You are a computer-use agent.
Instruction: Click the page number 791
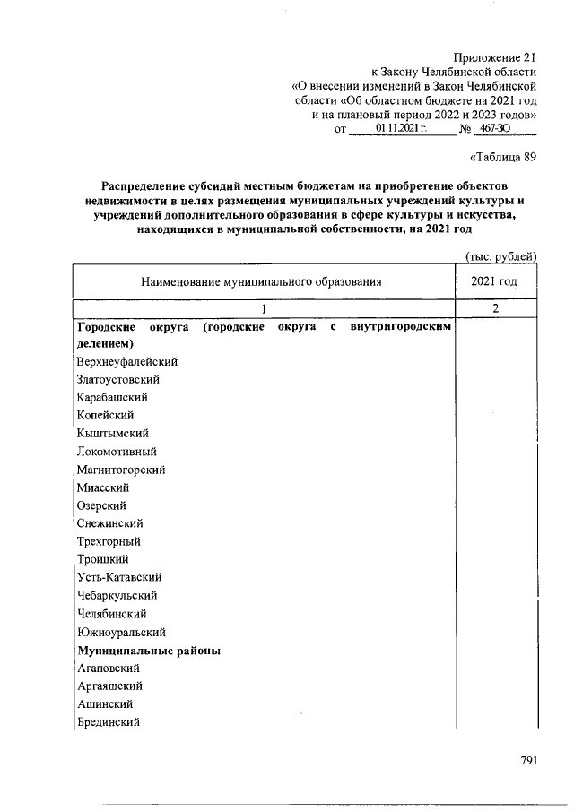point(528,762)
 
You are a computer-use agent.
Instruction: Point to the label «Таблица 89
point(503,159)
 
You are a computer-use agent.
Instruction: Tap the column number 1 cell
point(264,309)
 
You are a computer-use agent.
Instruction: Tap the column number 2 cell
point(494,309)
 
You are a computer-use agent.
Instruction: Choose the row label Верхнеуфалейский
point(127,361)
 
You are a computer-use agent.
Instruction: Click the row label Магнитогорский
point(121,470)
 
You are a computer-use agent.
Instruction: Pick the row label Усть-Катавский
point(119,578)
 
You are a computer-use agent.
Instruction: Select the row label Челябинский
point(114,614)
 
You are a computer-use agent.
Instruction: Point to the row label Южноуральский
point(121,632)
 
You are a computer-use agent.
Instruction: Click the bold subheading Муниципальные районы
point(149,650)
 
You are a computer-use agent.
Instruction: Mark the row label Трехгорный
point(109,542)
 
